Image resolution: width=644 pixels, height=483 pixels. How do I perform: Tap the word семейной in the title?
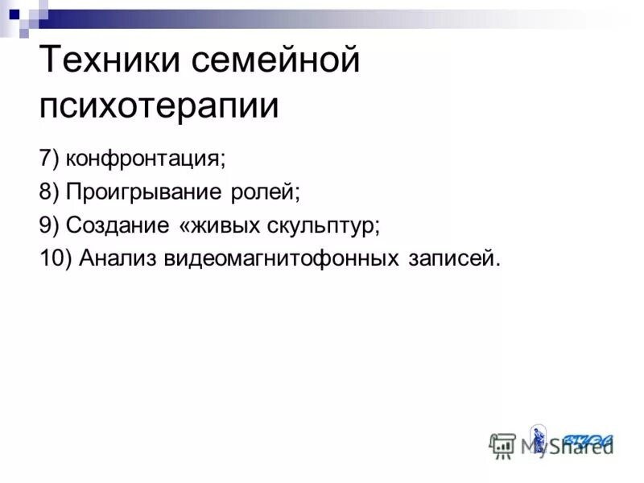(x=274, y=62)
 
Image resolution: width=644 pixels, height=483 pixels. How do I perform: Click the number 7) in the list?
(x=49, y=157)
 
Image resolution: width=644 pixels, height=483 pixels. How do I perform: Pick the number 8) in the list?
(x=49, y=192)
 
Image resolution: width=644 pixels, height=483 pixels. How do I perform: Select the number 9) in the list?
(x=49, y=225)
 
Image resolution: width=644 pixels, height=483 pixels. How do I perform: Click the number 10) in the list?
(x=55, y=259)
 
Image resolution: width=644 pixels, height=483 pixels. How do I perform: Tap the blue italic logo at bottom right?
(x=588, y=440)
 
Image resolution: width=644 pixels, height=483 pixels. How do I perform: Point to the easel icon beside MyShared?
(x=503, y=444)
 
